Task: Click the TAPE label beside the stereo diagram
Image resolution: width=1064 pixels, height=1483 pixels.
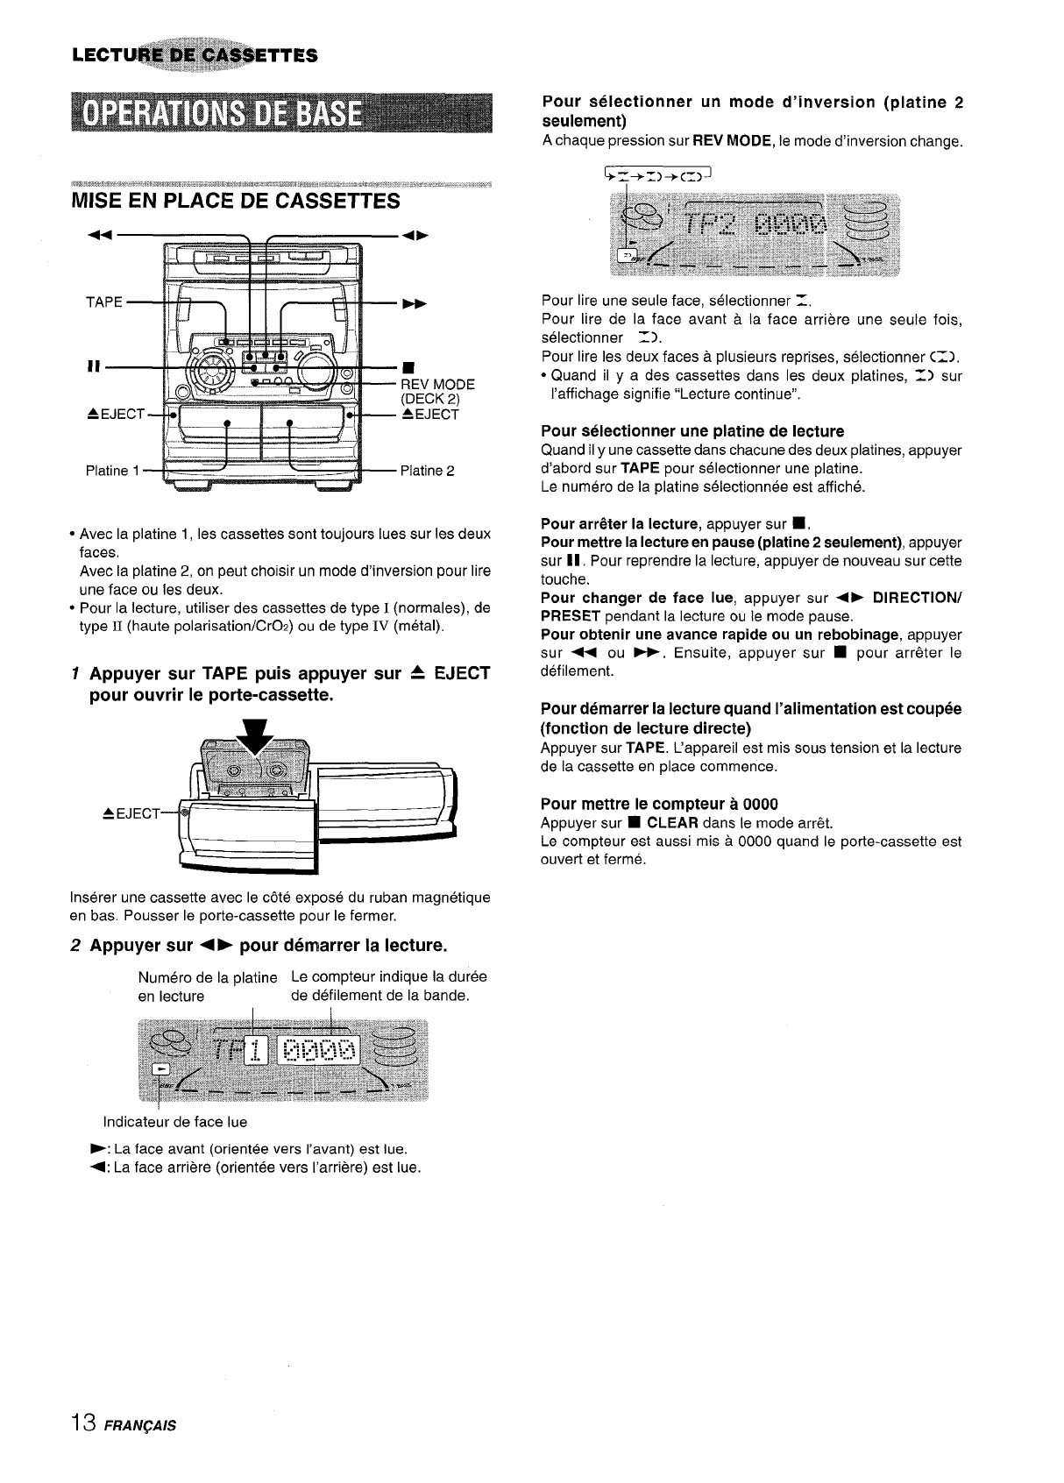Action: pos(103,302)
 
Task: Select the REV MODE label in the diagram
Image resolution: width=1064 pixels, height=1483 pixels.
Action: pos(437,385)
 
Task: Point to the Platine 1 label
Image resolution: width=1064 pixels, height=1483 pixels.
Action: pos(112,471)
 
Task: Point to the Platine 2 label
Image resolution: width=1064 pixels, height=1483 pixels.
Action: pos(427,471)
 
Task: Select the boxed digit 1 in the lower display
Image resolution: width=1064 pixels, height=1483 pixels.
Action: pos(255,1050)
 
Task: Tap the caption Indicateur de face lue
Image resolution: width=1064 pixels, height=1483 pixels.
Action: pos(175,1122)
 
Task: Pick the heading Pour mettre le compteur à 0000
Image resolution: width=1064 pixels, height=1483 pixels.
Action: pos(659,804)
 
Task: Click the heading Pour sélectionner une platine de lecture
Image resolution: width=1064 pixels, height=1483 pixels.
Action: pos(692,431)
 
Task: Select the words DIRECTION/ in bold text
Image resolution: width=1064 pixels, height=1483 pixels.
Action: pos(917,598)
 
